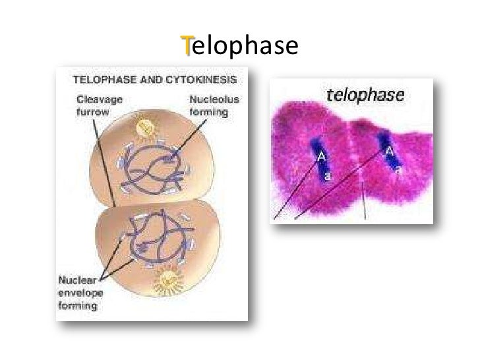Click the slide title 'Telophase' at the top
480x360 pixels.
coord(240,47)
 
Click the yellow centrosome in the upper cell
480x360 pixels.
coord(145,127)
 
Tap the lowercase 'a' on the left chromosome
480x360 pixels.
coord(327,177)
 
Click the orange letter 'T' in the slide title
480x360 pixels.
coord(187,47)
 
